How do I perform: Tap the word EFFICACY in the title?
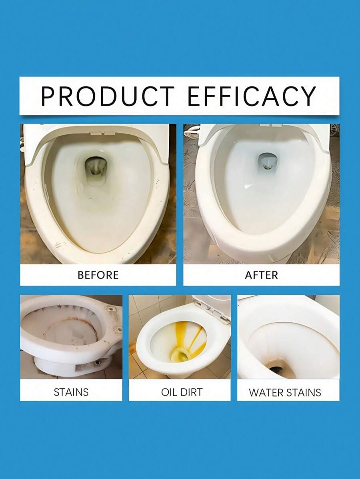click(x=252, y=96)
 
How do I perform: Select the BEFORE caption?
click(x=98, y=275)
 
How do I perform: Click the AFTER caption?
click(x=261, y=275)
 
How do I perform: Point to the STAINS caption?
click(x=71, y=392)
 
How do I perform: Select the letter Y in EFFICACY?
click(x=307, y=96)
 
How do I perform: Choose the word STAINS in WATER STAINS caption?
click(x=304, y=392)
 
